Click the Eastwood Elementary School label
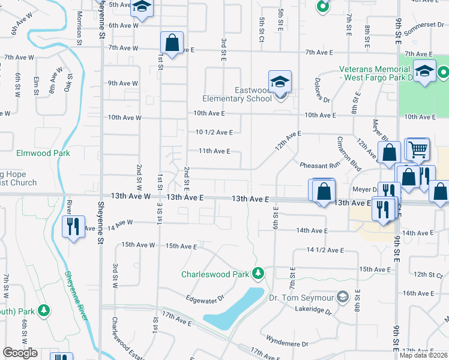click(244, 94)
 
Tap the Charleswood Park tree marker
click(258, 274)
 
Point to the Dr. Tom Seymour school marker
click(342, 296)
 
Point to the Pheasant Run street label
click(319, 164)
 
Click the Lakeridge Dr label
click(313, 310)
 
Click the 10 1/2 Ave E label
click(214, 132)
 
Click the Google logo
click(20, 353)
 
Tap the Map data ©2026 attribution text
click(423, 355)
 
